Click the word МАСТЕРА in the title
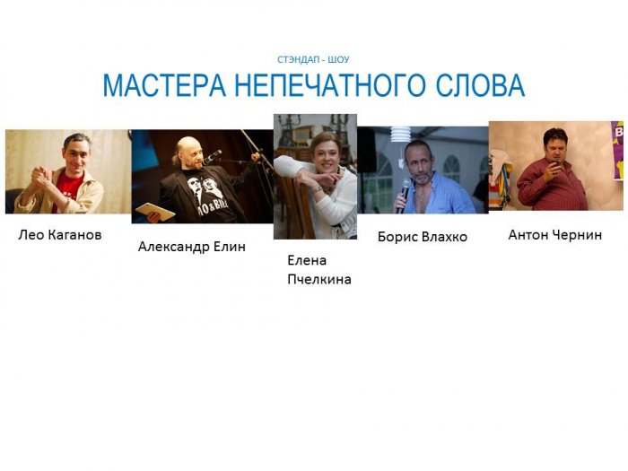pos(164,85)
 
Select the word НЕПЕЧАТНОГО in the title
pos(330,85)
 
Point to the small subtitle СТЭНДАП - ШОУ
pos(313,60)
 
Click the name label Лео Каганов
pos(60,235)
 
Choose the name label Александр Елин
pos(191,247)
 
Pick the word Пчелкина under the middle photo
pos(319,279)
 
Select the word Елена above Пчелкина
pos(307,261)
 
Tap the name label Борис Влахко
pos(423,237)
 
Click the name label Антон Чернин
pos(554,235)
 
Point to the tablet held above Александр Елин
pos(155,212)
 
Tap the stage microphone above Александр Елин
pos(214,156)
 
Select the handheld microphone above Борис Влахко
pos(405,196)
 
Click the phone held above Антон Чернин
pos(556,162)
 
